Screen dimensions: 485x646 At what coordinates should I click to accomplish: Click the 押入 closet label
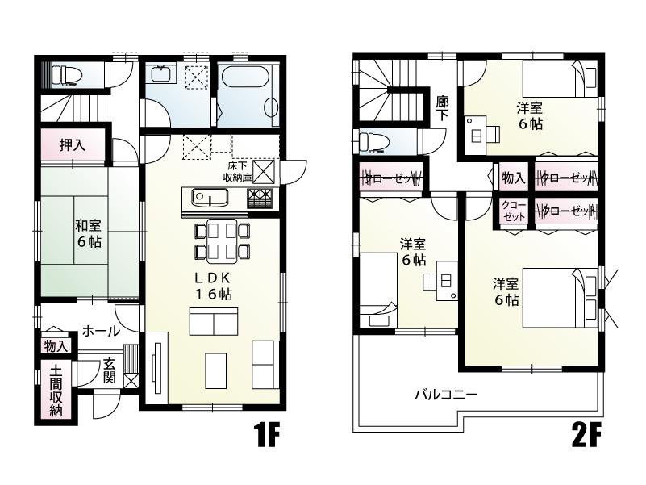[x=73, y=146]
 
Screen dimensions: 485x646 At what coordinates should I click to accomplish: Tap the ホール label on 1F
[x=101, y=331]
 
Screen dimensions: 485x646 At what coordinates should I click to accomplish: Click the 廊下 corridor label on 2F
[x=442, y=110]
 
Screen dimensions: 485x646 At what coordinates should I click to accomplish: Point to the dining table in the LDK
[x=221, y=241]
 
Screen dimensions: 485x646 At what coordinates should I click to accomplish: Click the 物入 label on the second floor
[x=513, y=177]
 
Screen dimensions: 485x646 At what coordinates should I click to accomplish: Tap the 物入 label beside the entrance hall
[x=55, y=346]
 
